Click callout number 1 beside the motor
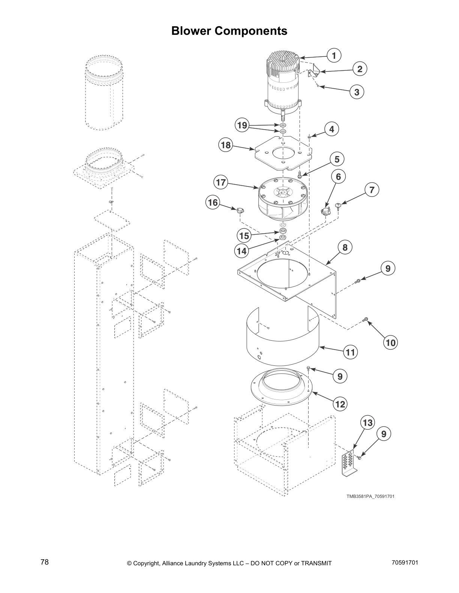[x=334, y=55]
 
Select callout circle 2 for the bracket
[x=360, y=69]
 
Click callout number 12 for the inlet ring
[x=340, y=404]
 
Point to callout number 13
[x=368, y=423]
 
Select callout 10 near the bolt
[x=390, y=342]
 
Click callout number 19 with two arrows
[x=242, y=125]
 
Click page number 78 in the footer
[x=45, y=562]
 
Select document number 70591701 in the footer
[x=405, y=563]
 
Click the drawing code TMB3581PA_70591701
[x=370, y=496]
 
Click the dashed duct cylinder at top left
[x=103, y=97]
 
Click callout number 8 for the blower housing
[x=345, y=247]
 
